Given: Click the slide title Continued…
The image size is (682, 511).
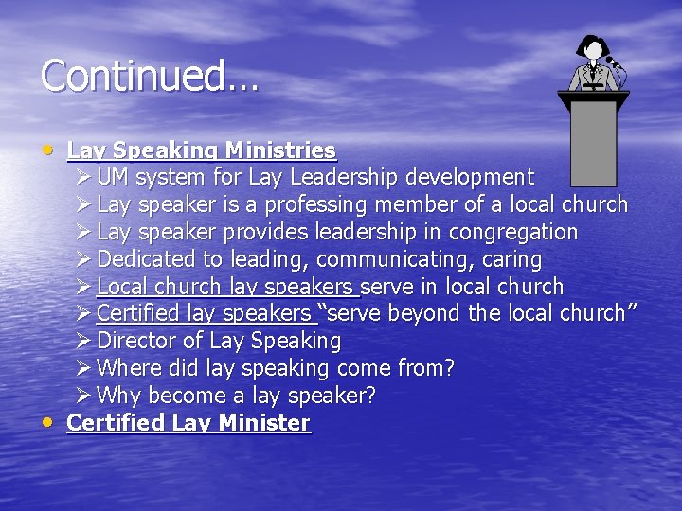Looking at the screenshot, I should coord(150,76).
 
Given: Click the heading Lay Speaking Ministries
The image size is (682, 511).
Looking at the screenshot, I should coord(202,150).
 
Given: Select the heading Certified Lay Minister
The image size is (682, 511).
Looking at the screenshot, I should coord(188,423).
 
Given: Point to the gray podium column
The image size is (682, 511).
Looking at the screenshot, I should coord(594,142).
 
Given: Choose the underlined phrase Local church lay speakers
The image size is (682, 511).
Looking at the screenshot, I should coord(226,287).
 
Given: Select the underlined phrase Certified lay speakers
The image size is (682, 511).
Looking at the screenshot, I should coord(205,314).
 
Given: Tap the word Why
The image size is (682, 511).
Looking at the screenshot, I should coord(117,396).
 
